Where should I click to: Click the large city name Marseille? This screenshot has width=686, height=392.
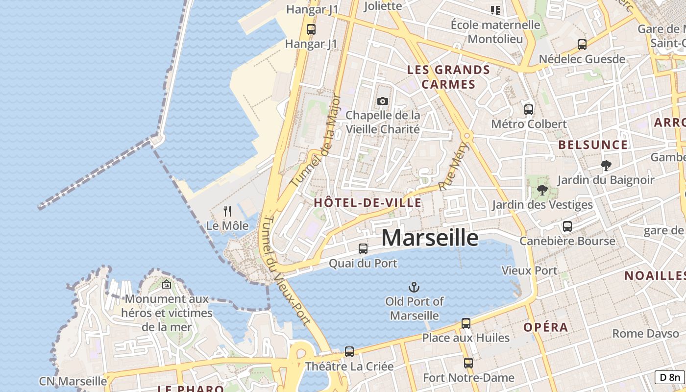point(430,238)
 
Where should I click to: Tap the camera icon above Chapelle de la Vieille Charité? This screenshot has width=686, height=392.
point(383,101)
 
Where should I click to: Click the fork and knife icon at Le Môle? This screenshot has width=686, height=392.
point(227,211)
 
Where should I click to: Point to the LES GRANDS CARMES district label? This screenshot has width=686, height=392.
point(448,77)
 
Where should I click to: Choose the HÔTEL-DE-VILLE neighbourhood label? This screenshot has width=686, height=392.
point(367,203)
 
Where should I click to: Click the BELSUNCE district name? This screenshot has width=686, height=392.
point(593,145)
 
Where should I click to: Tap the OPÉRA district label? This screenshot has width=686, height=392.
point(546,327)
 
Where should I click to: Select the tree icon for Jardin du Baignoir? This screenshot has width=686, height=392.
point(606,166)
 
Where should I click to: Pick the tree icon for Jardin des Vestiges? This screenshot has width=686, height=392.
point(542,190)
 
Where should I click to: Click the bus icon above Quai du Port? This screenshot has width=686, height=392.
point(363,249)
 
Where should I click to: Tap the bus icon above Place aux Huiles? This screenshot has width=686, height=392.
point(466,323)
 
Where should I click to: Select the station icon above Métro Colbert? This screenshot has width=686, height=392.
point(529,110)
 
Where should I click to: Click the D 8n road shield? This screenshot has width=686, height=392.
point(670,377)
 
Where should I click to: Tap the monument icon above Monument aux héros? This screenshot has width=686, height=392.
point(167,284)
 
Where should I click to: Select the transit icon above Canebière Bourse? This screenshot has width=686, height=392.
point(567,226)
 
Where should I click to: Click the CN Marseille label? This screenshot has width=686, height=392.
point(73,381)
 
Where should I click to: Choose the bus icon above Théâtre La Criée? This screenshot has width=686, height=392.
point(349,351)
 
